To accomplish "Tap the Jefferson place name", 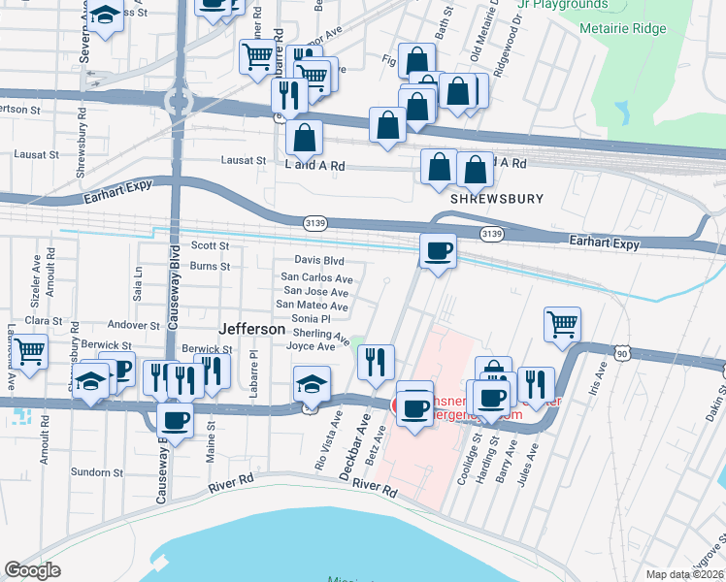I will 252,329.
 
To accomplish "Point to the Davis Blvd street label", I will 319,260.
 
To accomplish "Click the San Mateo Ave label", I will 313,305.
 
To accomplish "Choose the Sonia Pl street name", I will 312,318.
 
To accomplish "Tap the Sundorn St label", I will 95,472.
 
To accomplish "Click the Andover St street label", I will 133,326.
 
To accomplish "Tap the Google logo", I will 33,570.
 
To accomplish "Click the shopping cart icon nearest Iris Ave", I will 563,325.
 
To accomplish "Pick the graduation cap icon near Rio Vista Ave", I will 312,385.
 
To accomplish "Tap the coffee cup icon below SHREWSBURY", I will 438,251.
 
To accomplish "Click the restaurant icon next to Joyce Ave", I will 376,362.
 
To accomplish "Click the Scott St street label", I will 210,246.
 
